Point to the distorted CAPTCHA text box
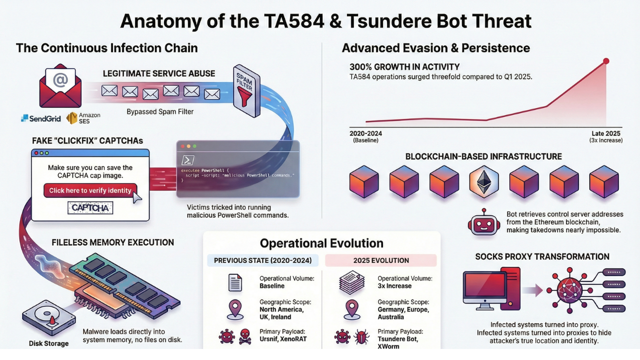[x=90, y=207]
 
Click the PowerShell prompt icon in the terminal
[x=188, y=160]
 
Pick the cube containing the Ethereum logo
[x=483, y=181]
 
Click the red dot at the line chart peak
[x=606, y=61]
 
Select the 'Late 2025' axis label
[x=605, y=133]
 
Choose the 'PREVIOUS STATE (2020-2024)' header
[x=262, y=260]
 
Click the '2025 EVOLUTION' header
[x=381, y=260]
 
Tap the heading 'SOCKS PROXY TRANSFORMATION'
[x=542, y=256]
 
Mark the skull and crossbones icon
[x=245, y=337]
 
